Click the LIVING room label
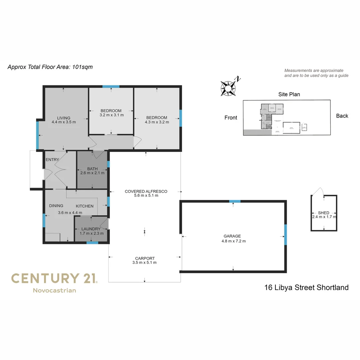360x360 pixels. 63,118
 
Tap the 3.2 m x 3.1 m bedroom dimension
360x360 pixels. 111,115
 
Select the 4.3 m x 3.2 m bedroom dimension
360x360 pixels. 157,122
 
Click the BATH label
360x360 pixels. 92,169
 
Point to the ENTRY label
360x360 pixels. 52,160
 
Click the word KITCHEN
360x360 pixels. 85,206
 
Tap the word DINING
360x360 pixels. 56,206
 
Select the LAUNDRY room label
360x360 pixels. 91,229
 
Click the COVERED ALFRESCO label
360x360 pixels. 146,191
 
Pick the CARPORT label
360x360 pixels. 145,258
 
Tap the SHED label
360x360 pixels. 324,213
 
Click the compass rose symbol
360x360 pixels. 228,88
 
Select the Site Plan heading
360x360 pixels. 289,94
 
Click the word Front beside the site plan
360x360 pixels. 231,118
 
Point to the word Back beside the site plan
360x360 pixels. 342,116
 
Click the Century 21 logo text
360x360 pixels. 54,278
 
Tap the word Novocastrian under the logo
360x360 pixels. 54,290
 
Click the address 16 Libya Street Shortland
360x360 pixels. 306,287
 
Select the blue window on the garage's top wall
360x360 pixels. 235,201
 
